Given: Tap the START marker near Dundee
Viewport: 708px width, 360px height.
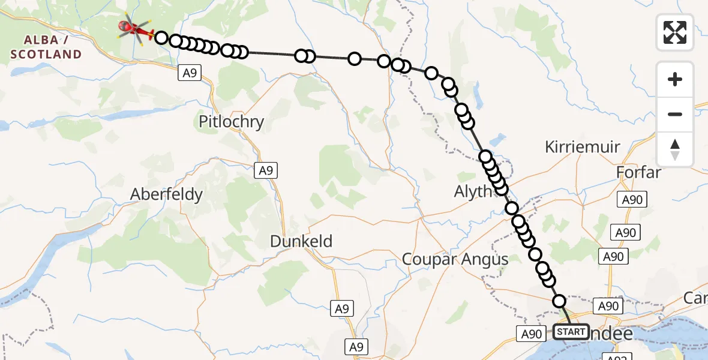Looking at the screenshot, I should [x=571, y=332].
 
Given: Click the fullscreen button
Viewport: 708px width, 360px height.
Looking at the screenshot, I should [x=675, y=32].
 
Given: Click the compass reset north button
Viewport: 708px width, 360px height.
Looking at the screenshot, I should [x=675, y=149].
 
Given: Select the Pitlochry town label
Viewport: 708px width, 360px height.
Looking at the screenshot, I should [x=232, y=122].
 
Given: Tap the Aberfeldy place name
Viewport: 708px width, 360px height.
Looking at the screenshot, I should [x=167, y=194].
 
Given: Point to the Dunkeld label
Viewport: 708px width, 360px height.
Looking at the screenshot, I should [x=301, y=241].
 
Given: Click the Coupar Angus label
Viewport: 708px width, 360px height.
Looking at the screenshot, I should [x=455, y=259].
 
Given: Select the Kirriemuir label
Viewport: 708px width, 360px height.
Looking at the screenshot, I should [x=582, y=146].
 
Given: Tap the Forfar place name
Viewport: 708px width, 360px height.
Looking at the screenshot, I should [x=638, y=173].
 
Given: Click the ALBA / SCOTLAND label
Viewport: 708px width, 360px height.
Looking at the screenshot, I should [x=46, y=47].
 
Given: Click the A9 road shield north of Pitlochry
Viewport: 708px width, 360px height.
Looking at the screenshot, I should [x=188, y=73].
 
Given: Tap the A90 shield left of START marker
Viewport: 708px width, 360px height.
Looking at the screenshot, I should [x=531, y=334].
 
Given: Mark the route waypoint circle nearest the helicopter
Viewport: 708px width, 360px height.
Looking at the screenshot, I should [x=161, y=38].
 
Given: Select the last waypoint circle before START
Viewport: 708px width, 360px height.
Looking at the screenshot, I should [x=559, y=301].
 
